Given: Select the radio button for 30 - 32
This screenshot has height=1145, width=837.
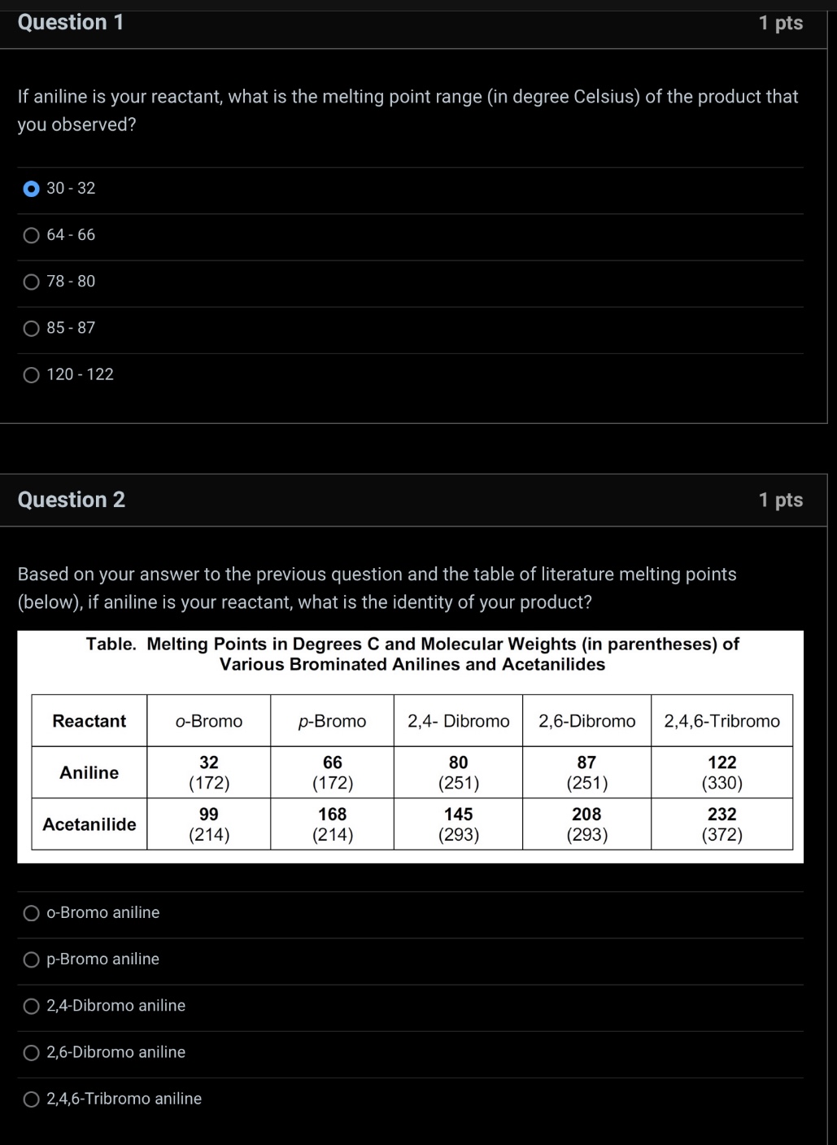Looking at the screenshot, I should pos(31,189).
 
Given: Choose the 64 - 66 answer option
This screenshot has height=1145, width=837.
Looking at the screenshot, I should pos(31,235).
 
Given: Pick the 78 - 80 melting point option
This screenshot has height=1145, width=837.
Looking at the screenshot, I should pos(31,282).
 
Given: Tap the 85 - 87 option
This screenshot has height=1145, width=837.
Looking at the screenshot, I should pos(31,328).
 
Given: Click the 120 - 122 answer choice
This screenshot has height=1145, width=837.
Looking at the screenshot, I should pos(31,375).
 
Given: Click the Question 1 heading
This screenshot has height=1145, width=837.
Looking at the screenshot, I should pos(71,22).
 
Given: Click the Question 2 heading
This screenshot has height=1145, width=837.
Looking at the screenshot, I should pos(72,500).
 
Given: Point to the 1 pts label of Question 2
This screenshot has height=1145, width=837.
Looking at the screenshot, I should pos(780,500).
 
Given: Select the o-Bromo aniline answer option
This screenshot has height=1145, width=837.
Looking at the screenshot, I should pos(31,913).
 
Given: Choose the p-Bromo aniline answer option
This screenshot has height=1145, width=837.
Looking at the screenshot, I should pos(31,959).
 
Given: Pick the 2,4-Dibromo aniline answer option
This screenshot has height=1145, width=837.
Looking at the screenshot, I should pos(31,1007).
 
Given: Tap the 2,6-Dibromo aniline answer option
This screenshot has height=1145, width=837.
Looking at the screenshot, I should pos(31,1053).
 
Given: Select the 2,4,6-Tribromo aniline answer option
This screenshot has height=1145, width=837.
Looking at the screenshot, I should pos(31,1099).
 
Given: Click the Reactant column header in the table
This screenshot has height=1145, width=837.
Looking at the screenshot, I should pos(89,721).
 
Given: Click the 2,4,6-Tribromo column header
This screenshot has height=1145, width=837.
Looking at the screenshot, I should pos(721,721).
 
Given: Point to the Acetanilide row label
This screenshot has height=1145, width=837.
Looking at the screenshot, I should pos(89,824).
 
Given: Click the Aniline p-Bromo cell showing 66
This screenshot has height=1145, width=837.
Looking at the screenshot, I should pos(332,772).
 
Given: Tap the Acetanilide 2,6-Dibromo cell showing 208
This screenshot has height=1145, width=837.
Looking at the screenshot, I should pos(586,824).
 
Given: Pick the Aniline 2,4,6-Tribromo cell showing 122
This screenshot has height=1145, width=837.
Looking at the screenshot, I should pos(721,772).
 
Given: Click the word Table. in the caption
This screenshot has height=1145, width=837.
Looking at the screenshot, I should pos(111,645).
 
